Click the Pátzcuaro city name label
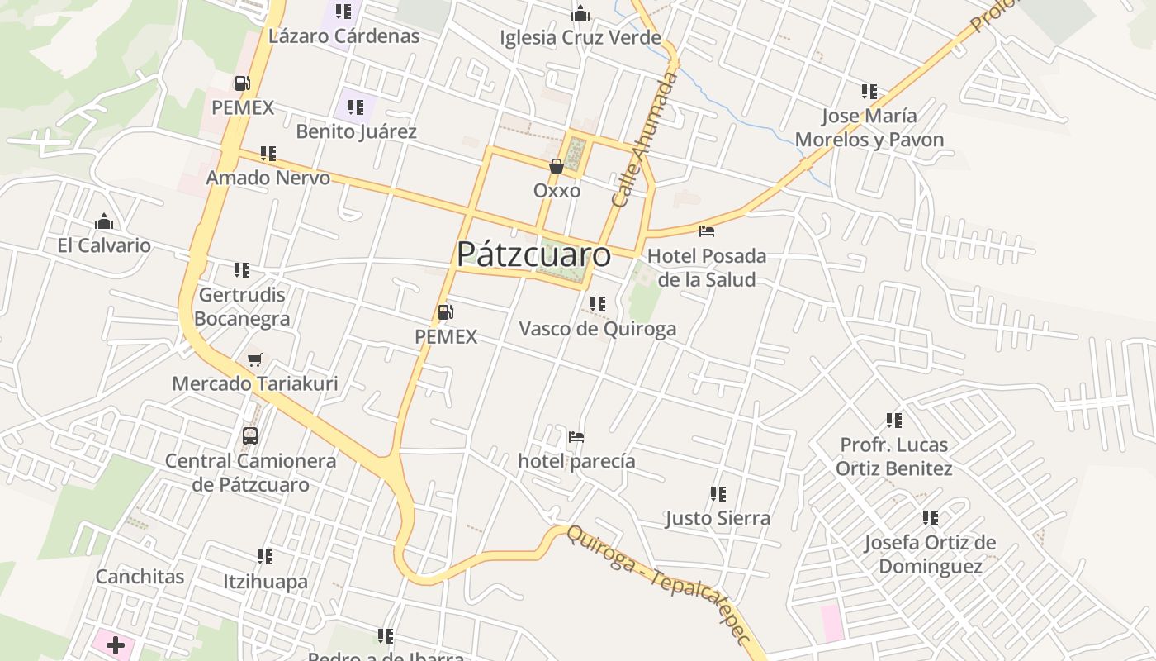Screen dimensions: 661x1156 (533, 254)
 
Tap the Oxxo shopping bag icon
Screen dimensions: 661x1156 (557, 167)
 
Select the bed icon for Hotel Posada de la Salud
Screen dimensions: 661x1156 (706, 231)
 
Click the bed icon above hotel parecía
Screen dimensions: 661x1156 (576, 436)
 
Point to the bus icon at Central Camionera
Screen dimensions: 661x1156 (250, 435)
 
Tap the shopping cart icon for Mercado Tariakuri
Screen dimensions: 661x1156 (254, 360)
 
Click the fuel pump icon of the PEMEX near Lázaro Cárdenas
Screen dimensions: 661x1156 (242, 83)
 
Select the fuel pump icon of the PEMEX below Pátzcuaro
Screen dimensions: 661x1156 (445, 312)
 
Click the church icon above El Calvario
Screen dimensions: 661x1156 (104, 221)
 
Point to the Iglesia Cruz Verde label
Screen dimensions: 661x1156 (580, 37)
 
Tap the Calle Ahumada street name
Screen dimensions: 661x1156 (646, 139)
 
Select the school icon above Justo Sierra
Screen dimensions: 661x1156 (718, 494)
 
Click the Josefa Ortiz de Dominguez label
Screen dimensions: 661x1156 (930, 554)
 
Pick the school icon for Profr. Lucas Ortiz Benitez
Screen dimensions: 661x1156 (893, 421)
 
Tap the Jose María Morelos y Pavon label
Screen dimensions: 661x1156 (869, 127)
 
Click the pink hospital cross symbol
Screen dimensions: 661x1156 (116, 644)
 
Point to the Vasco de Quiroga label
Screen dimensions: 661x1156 (597, 329)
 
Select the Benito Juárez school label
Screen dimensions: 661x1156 (356, 131)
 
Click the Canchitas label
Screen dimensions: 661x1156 (140, 576)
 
